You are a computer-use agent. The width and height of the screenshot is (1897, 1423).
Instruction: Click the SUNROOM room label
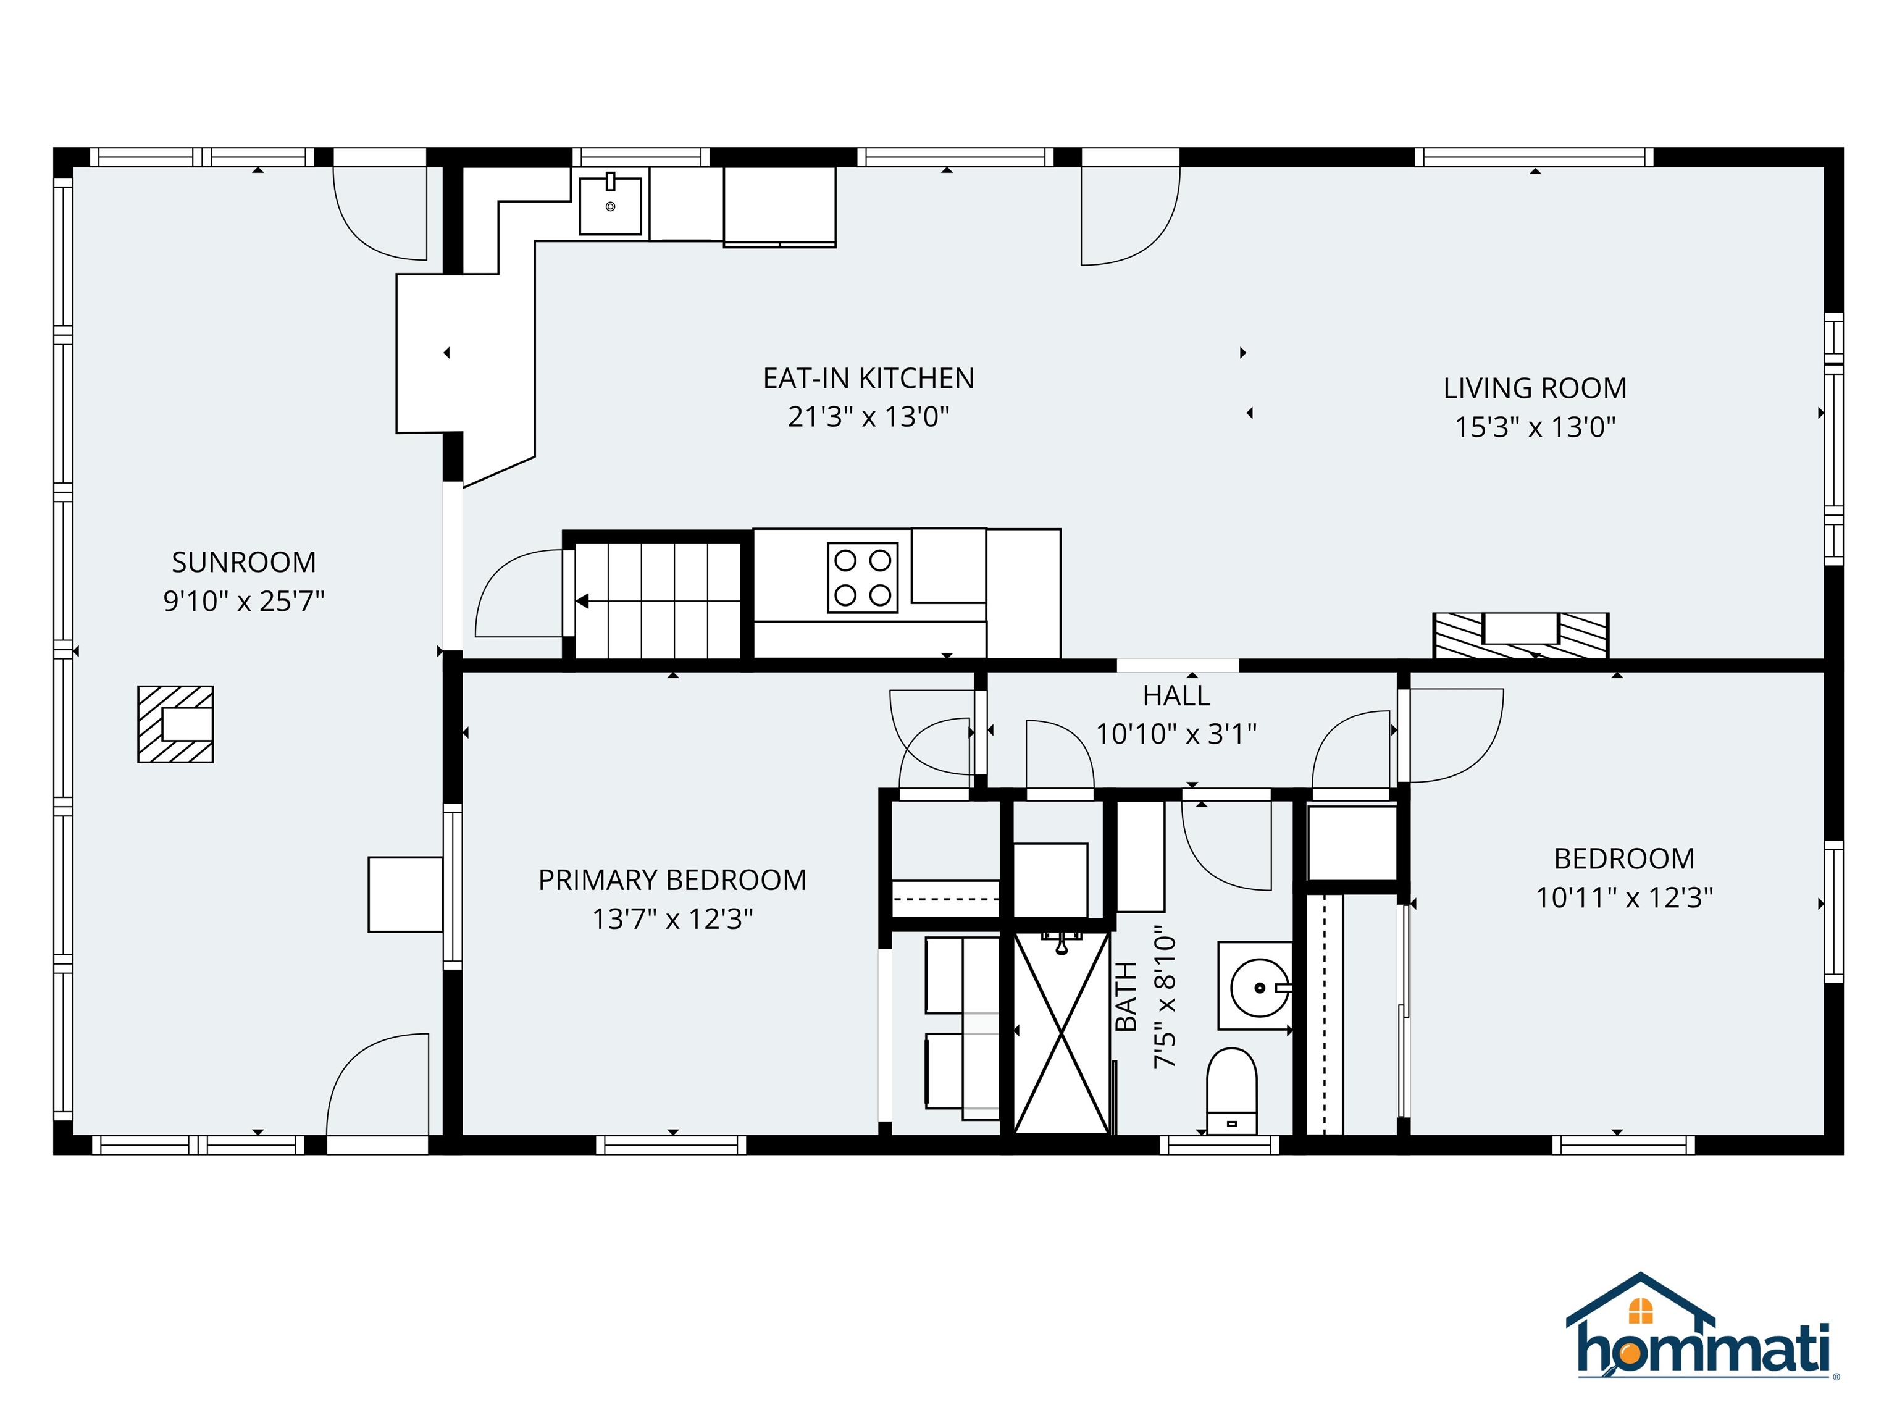[243, 563]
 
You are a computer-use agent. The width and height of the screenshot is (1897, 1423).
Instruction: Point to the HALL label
[1176, 695]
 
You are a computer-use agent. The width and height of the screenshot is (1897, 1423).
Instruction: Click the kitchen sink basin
[609, 206]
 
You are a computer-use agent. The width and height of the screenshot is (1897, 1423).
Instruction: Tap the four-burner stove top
[862, 577]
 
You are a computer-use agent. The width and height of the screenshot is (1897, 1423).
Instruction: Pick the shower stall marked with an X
[1062, 1033]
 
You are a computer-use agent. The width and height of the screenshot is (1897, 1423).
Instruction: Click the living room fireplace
[1520, 636]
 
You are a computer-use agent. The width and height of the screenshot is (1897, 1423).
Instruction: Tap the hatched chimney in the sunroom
[176, 724]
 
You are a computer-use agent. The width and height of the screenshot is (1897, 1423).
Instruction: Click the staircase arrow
[582, 602]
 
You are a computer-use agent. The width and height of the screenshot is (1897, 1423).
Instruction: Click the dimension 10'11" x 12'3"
[1623, 898]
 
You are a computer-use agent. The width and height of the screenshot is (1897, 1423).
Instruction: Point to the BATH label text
[1125, 997]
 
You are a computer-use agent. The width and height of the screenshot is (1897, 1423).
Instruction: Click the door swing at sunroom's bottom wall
[377, 1086]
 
